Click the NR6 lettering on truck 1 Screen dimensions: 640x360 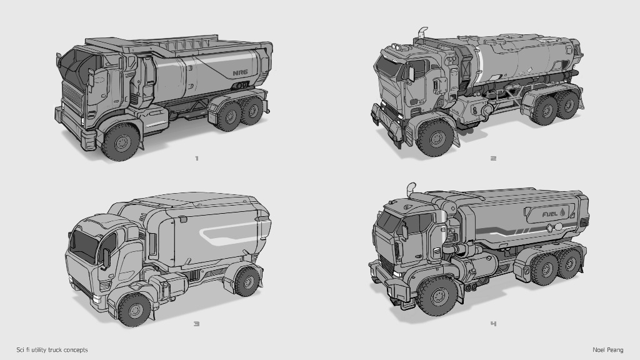(x=241, y=73)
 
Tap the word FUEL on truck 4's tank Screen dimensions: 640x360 (x=550, y=214)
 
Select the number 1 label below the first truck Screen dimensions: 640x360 (x=197, y=158)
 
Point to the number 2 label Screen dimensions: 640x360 (x=494, y=158)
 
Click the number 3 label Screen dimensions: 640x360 (x=196, y=324)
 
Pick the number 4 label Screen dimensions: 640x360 (x=494, y=324)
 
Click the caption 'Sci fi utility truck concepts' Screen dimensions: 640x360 (x=52, y=350)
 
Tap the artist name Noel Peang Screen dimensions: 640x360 (x=607, y=350)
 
